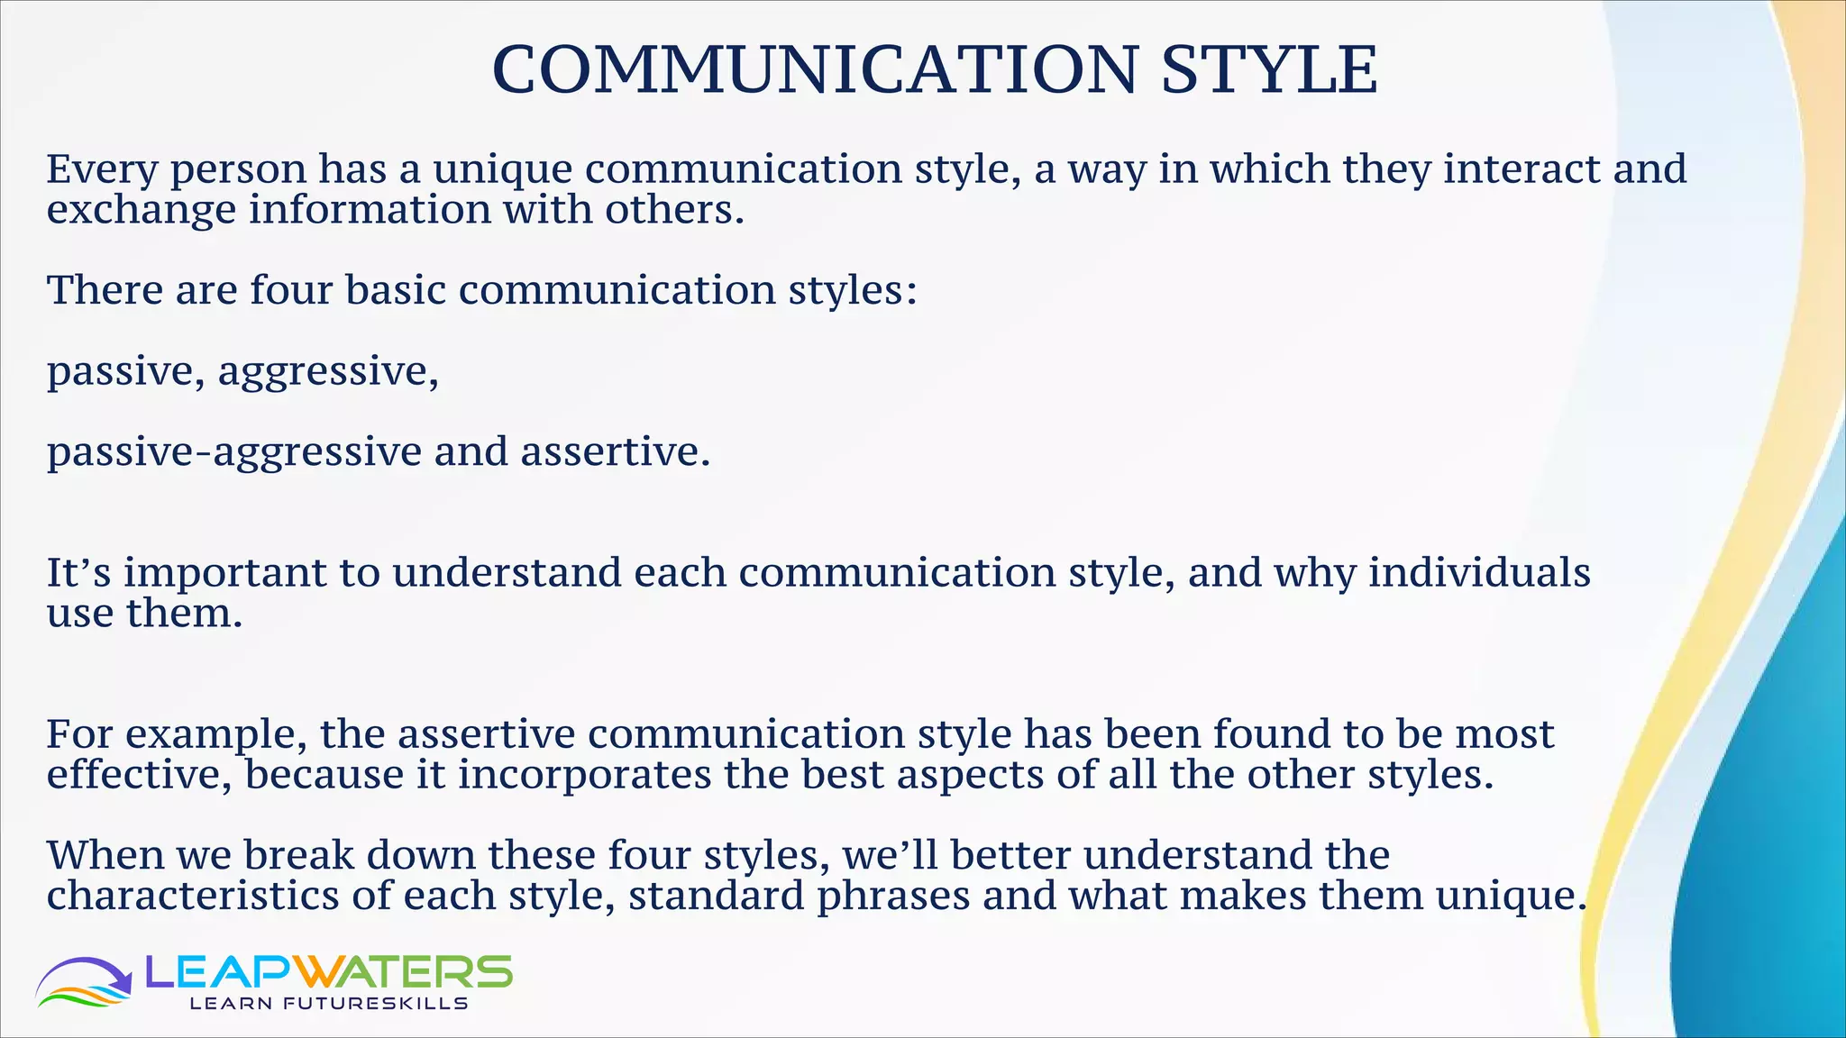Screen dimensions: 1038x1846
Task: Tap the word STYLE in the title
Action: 1269,69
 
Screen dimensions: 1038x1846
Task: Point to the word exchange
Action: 141,210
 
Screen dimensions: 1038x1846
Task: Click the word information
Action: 370,210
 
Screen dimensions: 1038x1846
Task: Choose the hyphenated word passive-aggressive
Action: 233,451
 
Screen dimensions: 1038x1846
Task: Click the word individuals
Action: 1479,573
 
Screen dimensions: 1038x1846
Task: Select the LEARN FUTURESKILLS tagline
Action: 328,1004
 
